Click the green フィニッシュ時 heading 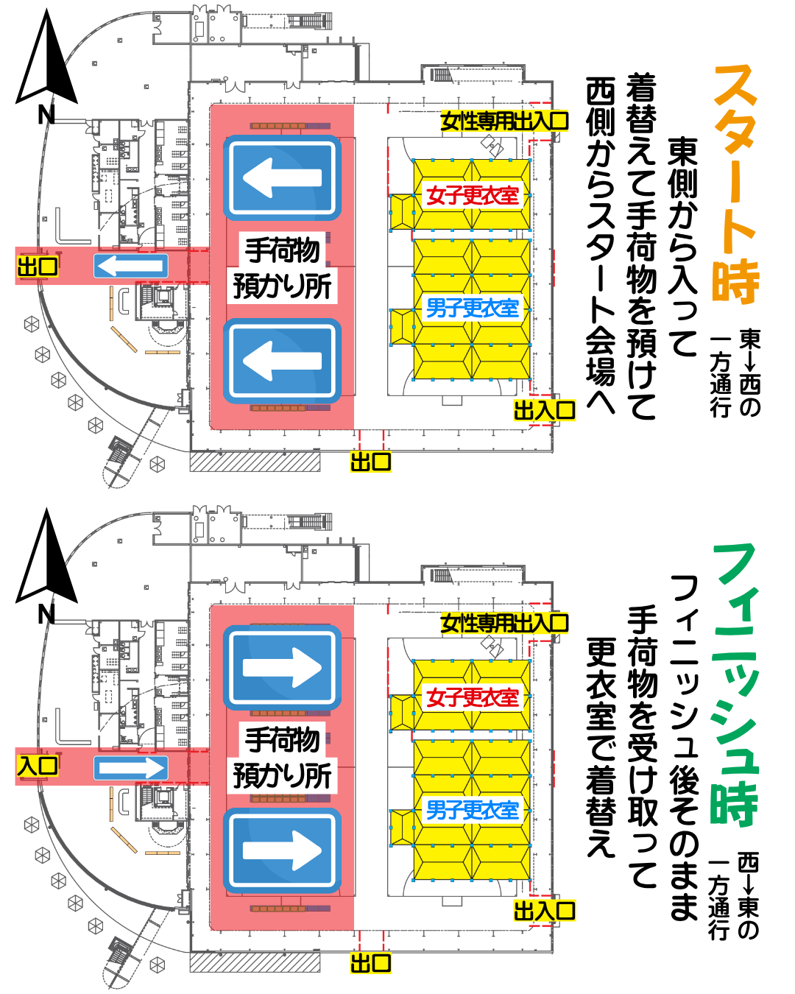click(735, 685)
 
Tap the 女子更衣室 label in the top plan click(473, 196)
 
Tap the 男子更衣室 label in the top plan click(473, 309)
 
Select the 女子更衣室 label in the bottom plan click(473, 697)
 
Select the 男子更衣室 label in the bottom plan click(473, 811)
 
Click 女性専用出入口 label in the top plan click(504, 121)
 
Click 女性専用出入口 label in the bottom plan click(504, 624)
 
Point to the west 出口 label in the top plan click(38, 266)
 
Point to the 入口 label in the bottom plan click(38, 766)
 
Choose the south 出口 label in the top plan click(370, 462)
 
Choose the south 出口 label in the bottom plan click(370, 962)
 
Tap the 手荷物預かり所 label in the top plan click(282, 268)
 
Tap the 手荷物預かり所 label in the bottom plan click(282, 758)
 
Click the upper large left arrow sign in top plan click(282, 177)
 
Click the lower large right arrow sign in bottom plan click(282, 850)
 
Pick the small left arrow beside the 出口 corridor click(130, 266)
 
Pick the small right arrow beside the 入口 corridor click(130, 768)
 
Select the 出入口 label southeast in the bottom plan click(545, 911)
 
